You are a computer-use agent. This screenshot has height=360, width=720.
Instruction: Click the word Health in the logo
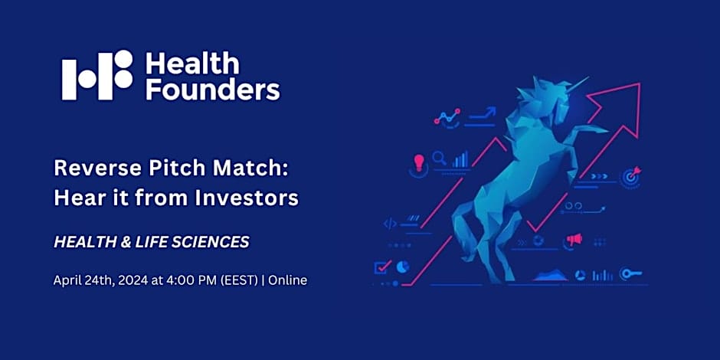point(182,63)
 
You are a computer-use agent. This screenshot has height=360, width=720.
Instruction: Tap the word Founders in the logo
point(212,90)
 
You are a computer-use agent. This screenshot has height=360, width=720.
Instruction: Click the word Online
point(286,280)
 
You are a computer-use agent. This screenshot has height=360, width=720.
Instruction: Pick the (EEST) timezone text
point(237,280)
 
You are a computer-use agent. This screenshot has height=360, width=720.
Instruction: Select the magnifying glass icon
point(440,159)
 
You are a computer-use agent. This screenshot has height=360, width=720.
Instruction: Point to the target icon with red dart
point(631,175)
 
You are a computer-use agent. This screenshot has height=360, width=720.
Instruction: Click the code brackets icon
point(390,224)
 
